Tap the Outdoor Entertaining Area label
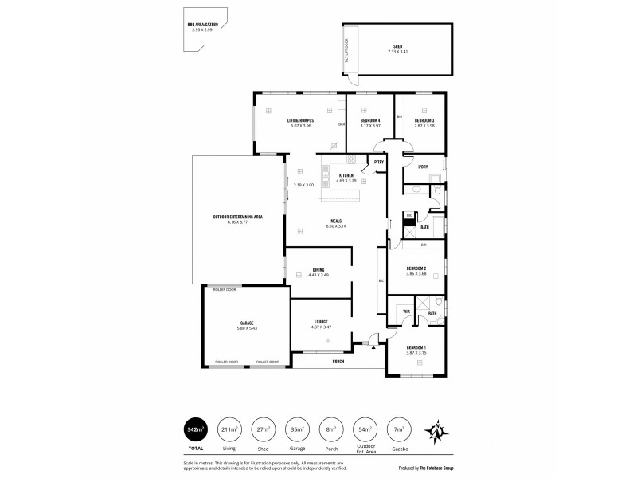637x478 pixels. tap(237, 217)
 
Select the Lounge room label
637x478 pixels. tap(321, 322)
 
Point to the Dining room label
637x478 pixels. tap(318, 270)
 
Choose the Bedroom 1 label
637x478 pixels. tap(416, 347)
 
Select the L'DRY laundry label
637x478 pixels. tap(424, 167)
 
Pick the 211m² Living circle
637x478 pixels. tap(230, 429)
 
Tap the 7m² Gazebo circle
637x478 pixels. tap(396, 429)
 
